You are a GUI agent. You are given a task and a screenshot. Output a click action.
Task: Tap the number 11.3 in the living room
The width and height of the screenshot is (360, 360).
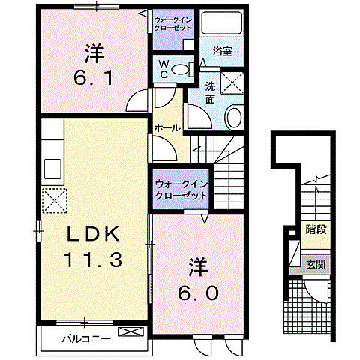(93, 260)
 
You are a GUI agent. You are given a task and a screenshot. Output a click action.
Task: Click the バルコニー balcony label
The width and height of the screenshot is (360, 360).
(86, 338)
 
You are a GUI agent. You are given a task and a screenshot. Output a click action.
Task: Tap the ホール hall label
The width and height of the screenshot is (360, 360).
(166, 128)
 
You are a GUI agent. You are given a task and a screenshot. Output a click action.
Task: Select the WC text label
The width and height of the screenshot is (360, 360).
(162, 69)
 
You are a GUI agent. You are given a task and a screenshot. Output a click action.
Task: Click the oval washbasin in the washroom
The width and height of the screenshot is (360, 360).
(233, 118)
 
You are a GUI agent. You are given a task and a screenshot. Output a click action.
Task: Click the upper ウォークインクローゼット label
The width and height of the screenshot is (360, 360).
(173, 22)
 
